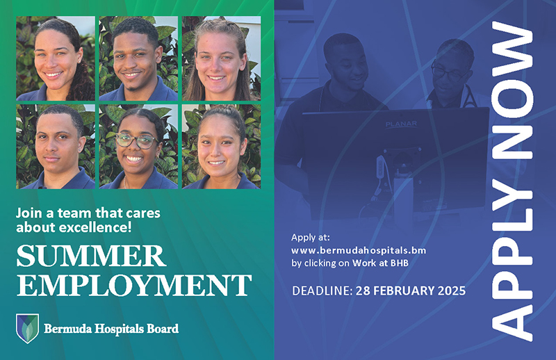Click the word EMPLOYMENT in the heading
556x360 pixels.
[133, 285]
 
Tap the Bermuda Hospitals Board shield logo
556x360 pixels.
[28, 328]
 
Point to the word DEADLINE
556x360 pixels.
[320, 289]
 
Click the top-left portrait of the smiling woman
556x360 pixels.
[56, 58]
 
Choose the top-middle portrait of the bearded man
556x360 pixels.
[138, 58]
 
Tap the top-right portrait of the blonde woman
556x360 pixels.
[221, 58]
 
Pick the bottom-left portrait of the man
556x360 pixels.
[56, 147]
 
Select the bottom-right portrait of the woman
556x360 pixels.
[221, 147]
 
